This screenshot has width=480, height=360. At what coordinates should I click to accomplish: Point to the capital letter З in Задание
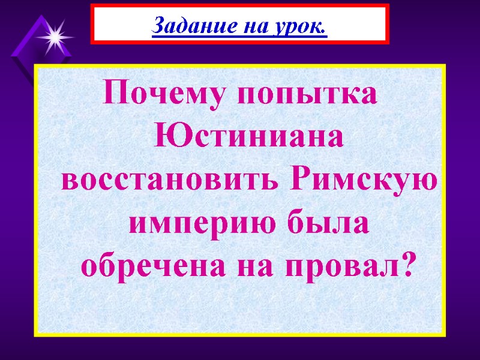tap(158, 25)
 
